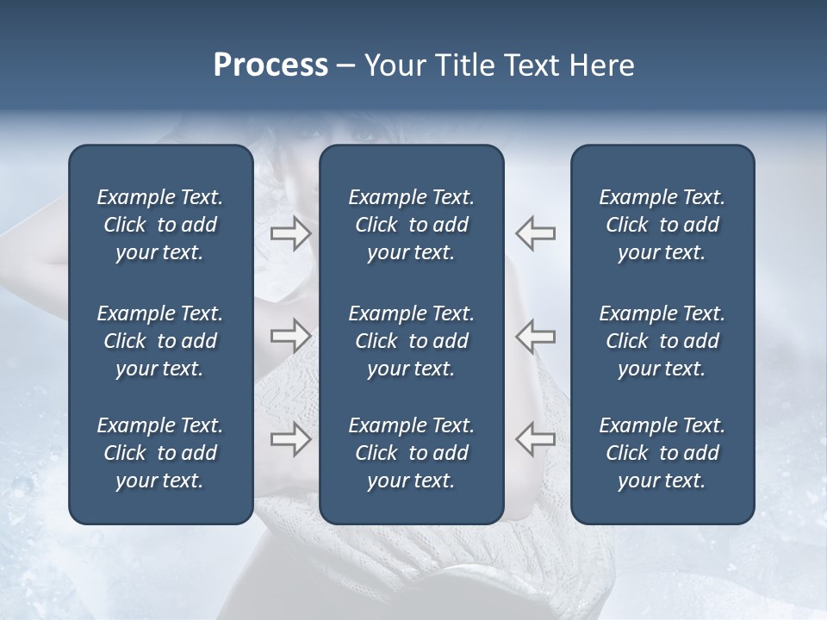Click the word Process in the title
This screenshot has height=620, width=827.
270,65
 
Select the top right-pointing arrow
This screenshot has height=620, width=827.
291,232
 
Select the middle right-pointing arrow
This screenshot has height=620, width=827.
291,336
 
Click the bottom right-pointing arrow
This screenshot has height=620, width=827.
291,438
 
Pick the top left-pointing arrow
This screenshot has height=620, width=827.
536,232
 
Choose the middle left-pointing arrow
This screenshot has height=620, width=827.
536,336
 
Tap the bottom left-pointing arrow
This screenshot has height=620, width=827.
536,438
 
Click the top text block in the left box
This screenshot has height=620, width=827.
160,225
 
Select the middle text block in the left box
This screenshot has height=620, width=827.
160,341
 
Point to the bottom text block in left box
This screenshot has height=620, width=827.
160,453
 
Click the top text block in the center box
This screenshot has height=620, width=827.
411,225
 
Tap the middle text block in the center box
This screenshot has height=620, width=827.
411,341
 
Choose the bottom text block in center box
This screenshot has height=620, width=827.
411,453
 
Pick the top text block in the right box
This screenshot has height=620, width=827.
662,225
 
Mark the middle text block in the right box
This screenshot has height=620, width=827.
662,341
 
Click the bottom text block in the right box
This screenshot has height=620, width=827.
662,453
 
